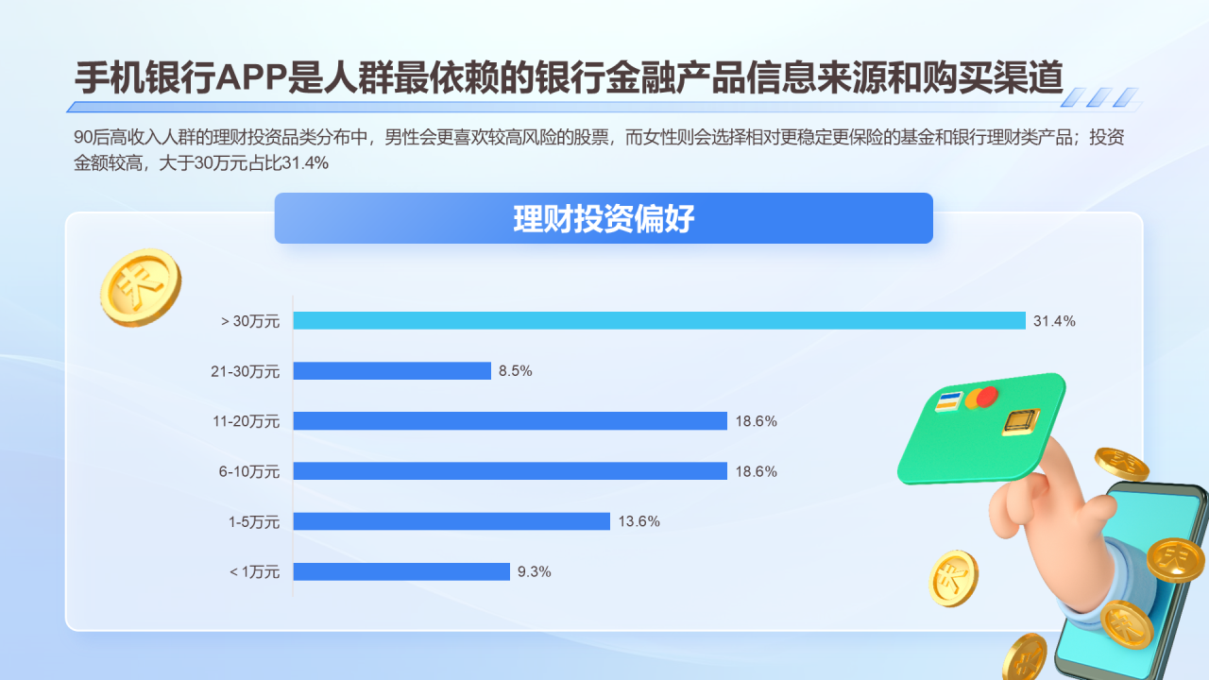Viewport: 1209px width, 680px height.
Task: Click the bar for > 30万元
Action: click(x=658, y=320)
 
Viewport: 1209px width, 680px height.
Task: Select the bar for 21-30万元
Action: click(x=392, y=371)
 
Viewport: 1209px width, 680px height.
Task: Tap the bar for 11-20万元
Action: click(x=510, y=421)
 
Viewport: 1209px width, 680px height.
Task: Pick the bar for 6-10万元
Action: click(x=510, y=470)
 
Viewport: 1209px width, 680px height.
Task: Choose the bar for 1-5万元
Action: click(x=451, y=521)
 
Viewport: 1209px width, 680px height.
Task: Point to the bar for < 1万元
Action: click(x=401, y=571)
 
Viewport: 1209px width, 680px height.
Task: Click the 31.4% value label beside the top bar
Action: click(x=1054, y=321)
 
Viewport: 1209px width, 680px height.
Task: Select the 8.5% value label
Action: click(x=516, y=371)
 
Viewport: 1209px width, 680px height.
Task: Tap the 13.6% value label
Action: click(x=639, y=521)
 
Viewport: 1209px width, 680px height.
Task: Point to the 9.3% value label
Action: click(x=534, y=571)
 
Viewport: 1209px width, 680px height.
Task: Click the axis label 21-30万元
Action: click(x=246, y=371)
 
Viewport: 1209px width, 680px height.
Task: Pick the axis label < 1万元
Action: click(x=255, y=571)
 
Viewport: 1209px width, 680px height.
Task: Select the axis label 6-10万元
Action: click(x=249, y=471)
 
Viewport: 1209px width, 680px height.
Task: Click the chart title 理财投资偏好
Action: click(x=604, y=219)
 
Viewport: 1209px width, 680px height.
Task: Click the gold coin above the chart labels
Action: click(x=140, y=287)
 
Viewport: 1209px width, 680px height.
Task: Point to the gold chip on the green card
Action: click(x=1020, y=421)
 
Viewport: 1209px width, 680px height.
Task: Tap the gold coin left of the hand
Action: click(x=953, y=578)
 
